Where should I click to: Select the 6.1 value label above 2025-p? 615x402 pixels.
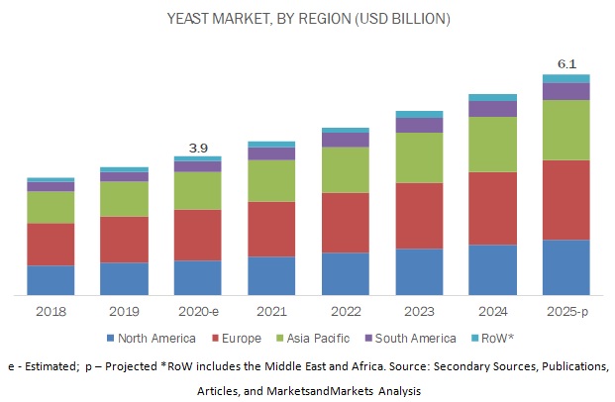566,63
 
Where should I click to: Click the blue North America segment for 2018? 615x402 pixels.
51,280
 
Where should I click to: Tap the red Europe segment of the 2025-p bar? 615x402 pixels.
566,200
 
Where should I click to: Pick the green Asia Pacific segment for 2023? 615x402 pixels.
419,157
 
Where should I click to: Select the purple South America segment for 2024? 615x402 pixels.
492,109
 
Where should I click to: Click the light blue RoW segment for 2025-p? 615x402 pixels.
566,78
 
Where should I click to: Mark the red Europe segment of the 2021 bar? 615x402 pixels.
271,229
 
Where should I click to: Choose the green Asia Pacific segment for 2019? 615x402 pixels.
124,198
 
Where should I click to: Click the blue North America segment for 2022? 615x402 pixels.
345,273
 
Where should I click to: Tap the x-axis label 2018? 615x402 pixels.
51,310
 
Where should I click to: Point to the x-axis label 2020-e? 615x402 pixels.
197,310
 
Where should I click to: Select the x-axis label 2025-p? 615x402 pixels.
566,310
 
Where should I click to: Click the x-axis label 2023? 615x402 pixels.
419,310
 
